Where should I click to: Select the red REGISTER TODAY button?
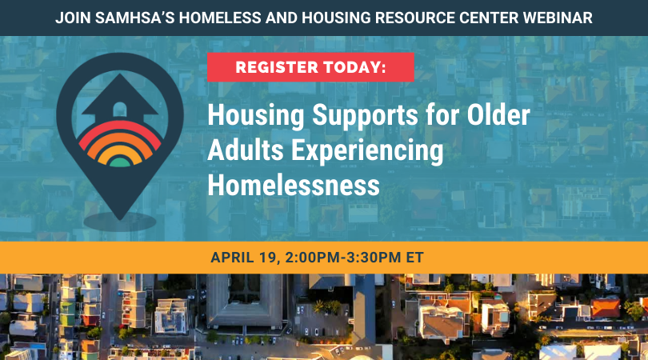point(310,67)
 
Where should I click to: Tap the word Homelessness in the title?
point(293,186)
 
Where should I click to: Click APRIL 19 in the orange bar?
point(243,258)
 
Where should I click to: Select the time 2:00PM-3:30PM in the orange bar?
point(343,258)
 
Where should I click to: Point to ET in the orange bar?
point(414,258)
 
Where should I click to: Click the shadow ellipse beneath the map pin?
point(119,220)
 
